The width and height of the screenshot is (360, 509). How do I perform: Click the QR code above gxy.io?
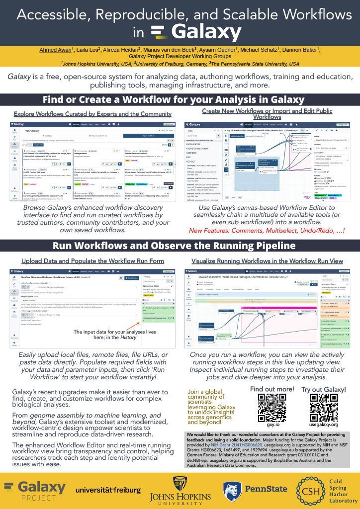tap(272, 408)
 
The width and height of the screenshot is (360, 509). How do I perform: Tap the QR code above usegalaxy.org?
tap(324, 408)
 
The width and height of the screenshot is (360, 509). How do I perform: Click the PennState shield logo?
tap(232, 491)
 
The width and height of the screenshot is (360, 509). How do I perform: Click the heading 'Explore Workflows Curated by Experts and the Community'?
tap(92, 114)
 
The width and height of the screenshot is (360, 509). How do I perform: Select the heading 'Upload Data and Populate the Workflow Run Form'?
tap(92, 261)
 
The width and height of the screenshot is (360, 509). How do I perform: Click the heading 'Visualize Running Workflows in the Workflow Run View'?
tap(267, 261)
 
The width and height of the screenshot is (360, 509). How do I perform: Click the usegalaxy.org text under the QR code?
tap(324, 425)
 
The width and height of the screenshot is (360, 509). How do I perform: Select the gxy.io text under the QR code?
tap(271, 425)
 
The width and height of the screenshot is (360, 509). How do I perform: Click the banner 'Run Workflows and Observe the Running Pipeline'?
tap(180, 246)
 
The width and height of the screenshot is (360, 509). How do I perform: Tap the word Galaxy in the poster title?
tap(206, 33)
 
